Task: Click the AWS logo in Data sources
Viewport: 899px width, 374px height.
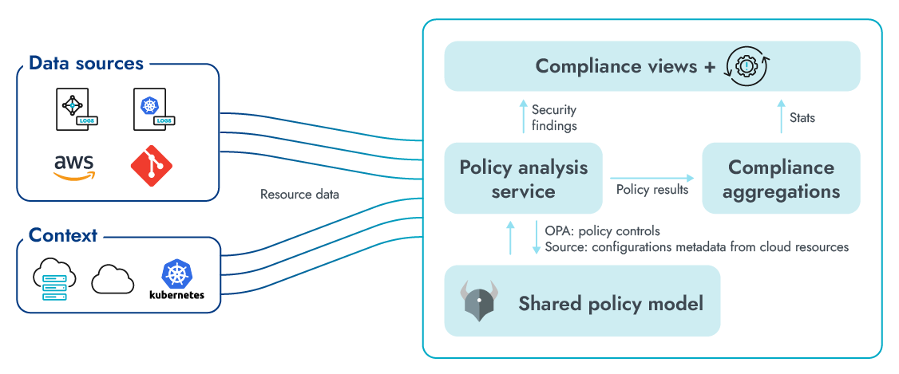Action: coord(74,166)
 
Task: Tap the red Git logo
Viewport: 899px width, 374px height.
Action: coord(151,166)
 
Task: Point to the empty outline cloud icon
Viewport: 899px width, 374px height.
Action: coord(113,279)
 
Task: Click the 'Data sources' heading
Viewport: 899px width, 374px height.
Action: coord(85,63)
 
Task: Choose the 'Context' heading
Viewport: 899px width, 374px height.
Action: coord(62,235)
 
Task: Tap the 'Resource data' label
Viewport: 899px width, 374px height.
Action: coord(299,194)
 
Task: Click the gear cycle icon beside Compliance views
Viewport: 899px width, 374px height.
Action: coord(746,66)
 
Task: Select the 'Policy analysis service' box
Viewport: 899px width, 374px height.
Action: coord(523,179)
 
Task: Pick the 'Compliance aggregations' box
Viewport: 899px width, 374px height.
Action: coord(781,179)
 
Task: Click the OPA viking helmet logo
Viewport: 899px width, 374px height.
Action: coord(478,301)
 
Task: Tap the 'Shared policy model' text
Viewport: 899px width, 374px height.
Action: coord(611,304)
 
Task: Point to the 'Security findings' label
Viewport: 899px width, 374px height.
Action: coord(553,117)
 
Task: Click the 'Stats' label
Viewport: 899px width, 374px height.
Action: coord(802,118)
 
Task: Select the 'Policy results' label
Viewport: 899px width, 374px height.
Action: coord(651,190)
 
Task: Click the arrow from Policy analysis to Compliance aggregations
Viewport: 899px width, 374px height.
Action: coord(651,178)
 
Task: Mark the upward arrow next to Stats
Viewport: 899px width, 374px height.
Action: coord(780,116)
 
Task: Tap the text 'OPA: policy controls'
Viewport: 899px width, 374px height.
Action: coord(603,231)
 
